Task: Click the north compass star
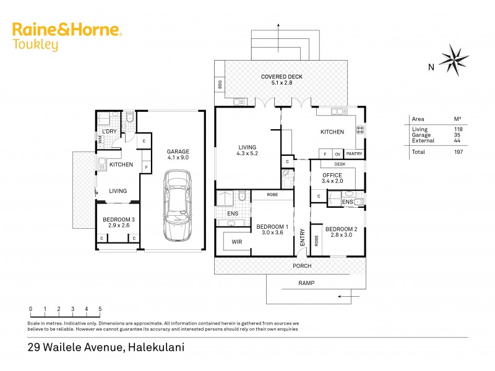pyautogui.click(x=454, y=59)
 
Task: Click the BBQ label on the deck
pyautogui.click(x=220, y=84)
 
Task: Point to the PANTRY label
pyautogui.click(x=355, y=153)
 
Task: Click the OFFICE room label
pyautogui.click(x=332, y=176)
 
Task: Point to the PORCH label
pyautogui.click(x=303, y=266)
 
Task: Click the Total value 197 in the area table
pyautogui.click(x=458, y=151)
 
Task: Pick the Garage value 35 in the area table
pyautogui.click(x=458, y=135)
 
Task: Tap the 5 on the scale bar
pyautogui.click(x=100, y=309)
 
